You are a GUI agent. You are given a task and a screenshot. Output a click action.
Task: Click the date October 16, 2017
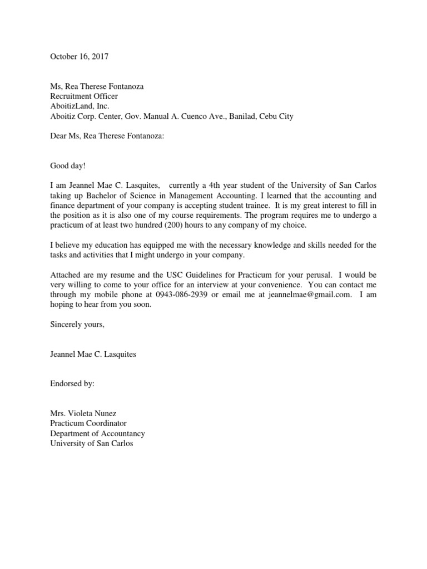80,56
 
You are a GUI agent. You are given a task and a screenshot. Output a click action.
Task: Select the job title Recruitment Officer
84,96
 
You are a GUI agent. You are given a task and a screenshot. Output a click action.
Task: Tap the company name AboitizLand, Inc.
80,106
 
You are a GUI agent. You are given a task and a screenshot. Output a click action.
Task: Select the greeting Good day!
67,166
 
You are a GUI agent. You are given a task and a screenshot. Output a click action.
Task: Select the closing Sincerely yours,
77,325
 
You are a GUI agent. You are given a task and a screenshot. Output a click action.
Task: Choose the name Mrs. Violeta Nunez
84,413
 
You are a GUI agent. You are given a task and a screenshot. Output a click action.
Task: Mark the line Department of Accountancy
97,433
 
